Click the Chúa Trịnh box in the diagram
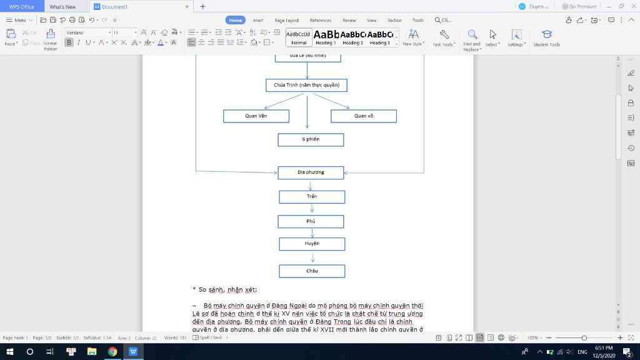(x=306, y=85)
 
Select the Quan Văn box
(x=256, y=116)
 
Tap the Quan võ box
(x=363, y=116)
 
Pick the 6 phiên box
(x=311, y=139)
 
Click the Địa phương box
(x=311, y=172)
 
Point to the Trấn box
(x=311, y=197)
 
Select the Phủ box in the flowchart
(x=311, y=222)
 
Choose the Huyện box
(x=311, y=244)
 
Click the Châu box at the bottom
(x=311, y=271)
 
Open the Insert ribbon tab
(x=257, y=20)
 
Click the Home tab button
(x=236, y=20)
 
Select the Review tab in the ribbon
(x=349, y=20)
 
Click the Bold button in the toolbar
(x=69, y=42)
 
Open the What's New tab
(x=62, y=6)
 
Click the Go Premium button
(x=579, y=6)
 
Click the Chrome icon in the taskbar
(x=112, y=352)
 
